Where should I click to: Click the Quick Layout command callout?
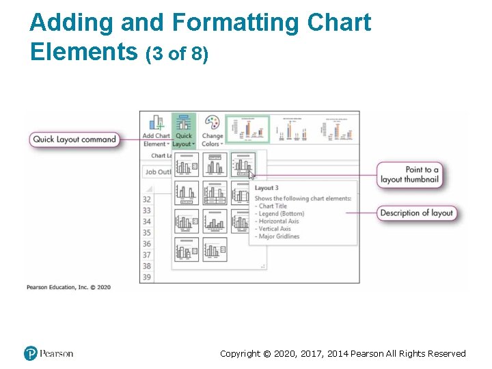pos(74,139)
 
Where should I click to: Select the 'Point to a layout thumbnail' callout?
pos(409,174)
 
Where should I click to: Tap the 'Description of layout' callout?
pos(416,213)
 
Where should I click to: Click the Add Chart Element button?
pos(156,131)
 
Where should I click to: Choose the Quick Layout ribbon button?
pos(183,131)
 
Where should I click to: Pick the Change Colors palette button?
pos(212,131)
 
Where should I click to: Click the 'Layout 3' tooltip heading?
pos(266,188)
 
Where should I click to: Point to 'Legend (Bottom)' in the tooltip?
pos(282,214)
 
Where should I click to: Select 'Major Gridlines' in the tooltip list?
pos(279,236)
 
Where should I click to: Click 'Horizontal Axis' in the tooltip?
pos(279,221)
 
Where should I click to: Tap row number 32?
pos(146,200)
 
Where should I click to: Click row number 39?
pos(146,277)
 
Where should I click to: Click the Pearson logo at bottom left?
pos(48,353)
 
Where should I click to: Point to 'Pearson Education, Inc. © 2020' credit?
pos(68,288)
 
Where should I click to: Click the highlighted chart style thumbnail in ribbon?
pos(248,128)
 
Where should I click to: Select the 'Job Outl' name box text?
pos(159,172)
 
